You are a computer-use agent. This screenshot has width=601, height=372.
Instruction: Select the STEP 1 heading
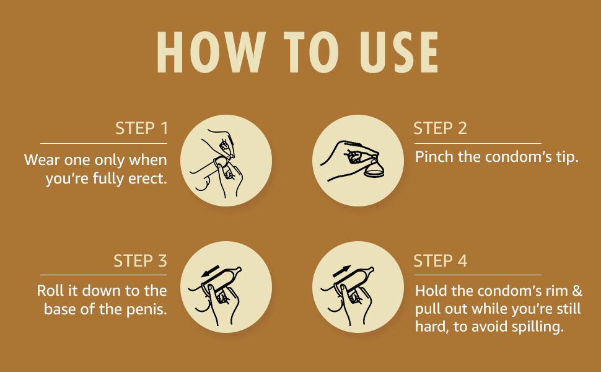(141, 128)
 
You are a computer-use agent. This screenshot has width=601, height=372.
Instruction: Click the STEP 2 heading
(441, 128)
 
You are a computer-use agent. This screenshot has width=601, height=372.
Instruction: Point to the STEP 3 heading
(140, 261)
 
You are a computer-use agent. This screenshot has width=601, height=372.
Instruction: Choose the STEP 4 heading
(441, 261)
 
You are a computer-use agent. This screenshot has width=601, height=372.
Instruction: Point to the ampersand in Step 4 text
(577, 291)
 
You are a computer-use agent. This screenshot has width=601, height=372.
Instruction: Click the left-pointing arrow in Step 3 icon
(211, 271)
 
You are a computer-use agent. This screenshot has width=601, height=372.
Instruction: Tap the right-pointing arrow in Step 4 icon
(342, 271)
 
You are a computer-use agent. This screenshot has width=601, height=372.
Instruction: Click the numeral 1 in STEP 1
(164, 128)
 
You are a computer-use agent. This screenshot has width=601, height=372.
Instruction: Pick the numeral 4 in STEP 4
(463, 261)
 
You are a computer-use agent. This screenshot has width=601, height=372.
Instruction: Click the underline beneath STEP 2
(478, 143)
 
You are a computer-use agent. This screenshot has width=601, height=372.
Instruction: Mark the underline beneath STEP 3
(104, 275)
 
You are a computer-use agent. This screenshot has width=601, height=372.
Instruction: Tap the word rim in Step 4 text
(556, 291)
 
